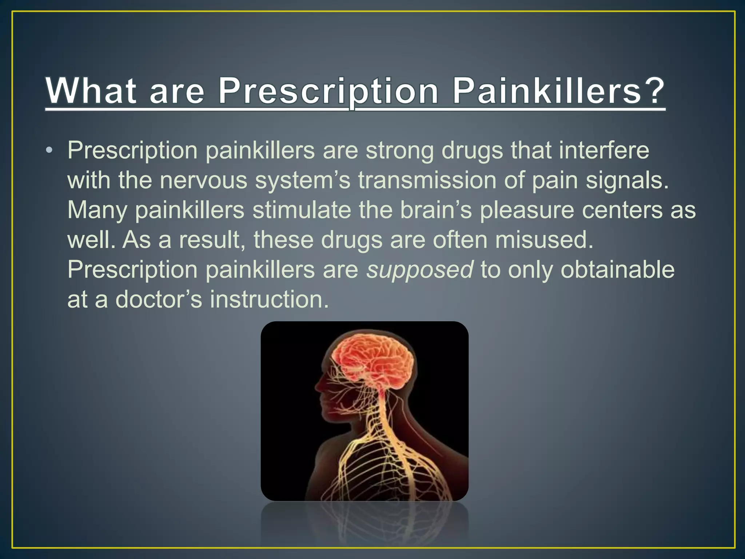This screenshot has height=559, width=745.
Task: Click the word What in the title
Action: [x=91, y=91]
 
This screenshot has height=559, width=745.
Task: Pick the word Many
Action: [x=97, y=211]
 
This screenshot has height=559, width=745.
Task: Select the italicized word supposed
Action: [x=420, y=270]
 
